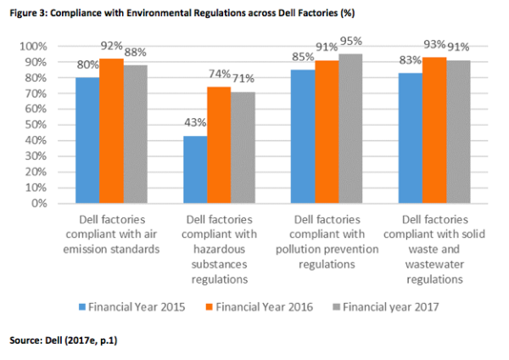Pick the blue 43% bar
tap(194, 169)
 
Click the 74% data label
tap(219, 76)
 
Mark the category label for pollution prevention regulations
tap(327, 241)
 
